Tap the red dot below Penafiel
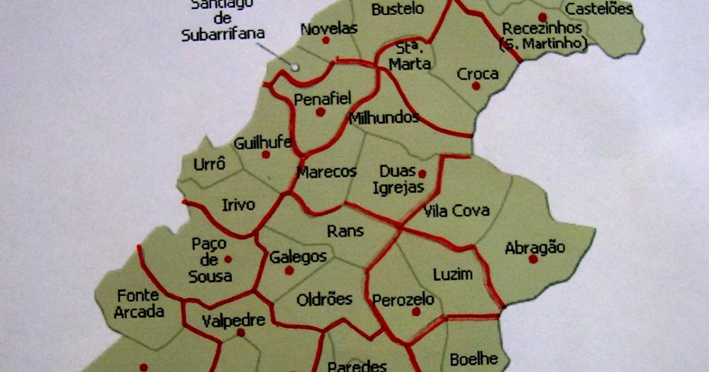click(x=320, y=112)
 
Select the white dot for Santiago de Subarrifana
click(x=294, y=67)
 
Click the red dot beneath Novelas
click(x=326, y=40)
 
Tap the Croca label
click(x=478, y=74)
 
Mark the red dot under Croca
click(x=476, y=86)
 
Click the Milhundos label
click(x=384, y=117)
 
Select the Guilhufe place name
click(x=263, y=143)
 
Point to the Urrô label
click(x=210, y=164)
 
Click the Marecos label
click(x=327, y=172)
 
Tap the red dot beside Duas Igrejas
click(x=422, y=174)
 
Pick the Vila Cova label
click(x=456, y=210)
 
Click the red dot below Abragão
click(x=533, y=259)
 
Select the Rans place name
click(x=345, y=231)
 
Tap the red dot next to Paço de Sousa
click(x=228, y=259)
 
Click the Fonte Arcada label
click(x=140, y=303)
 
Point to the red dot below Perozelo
click(x=416, y=311)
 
